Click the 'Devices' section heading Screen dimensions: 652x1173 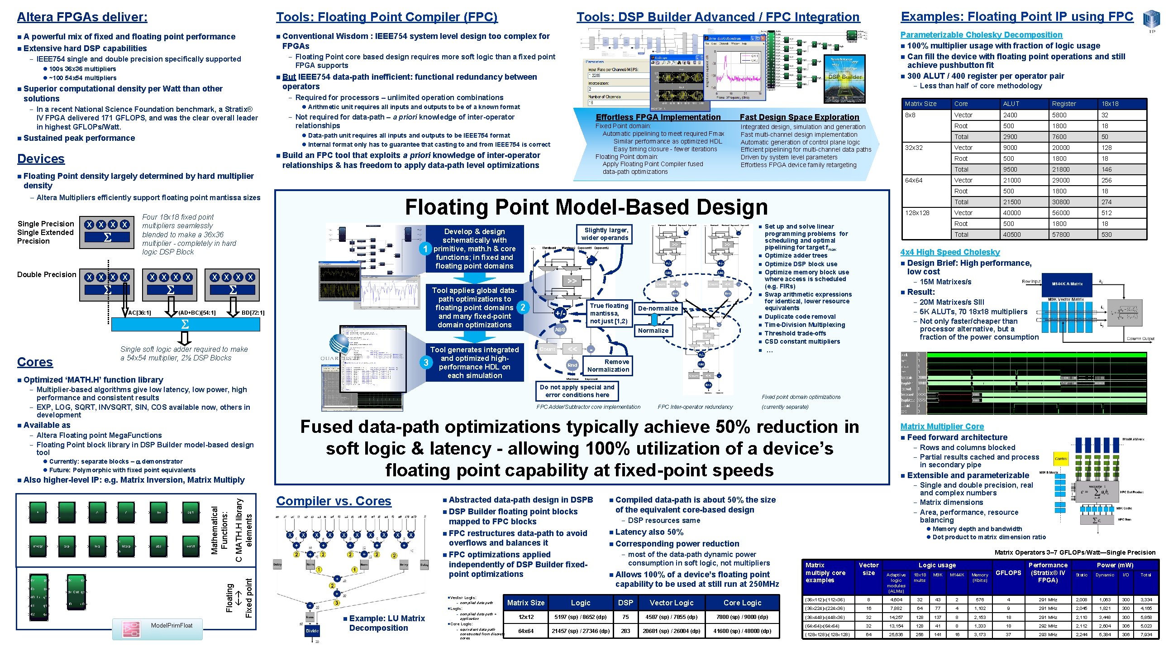(41, 158)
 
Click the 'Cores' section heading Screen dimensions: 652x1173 (35, 362)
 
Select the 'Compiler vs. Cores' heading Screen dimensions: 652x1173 (334, 501)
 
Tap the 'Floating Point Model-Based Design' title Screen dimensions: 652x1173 (586, 207)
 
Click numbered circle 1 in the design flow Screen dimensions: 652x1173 (425, 249)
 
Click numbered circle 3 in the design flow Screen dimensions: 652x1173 (426, 363)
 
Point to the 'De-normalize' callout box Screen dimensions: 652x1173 (658, 308)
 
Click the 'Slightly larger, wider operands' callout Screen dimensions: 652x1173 (604, 234)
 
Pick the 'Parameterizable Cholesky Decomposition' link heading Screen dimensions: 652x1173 (981, 34)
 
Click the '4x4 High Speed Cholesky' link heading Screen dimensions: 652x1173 (949, 252)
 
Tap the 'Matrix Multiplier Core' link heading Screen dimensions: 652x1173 (942, 427)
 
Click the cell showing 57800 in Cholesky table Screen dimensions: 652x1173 (1060, 235)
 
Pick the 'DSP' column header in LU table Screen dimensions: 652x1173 (625, 602)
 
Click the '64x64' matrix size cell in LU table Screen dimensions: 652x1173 (525, 631)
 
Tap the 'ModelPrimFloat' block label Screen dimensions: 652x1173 (172, 625)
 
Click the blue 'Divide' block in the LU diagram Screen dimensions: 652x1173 (312, 631)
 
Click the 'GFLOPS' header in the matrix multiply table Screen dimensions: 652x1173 (1008, 573)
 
